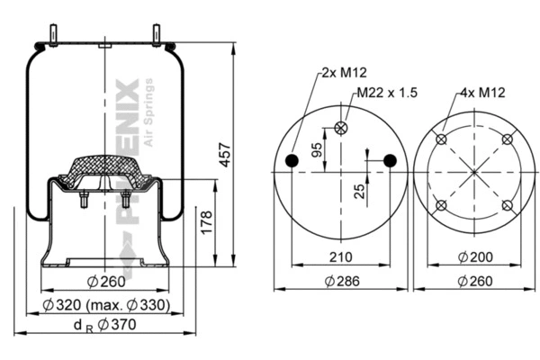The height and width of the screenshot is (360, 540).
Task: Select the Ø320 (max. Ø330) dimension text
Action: (106, 306)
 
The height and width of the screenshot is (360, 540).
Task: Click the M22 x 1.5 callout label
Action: (387, 91)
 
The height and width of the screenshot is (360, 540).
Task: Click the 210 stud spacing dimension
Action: (339, 257)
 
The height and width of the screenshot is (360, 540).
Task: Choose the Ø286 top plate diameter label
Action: (339, 281)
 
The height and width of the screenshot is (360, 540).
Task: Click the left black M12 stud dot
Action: (292, 160)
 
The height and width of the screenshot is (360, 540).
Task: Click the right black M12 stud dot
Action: (389, 160)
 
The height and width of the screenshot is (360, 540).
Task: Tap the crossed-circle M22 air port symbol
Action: (340, 128)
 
